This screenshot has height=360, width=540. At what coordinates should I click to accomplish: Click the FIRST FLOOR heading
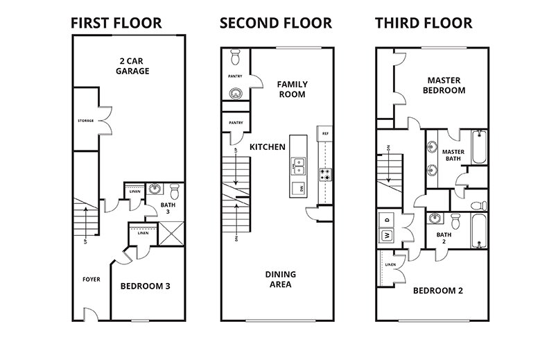(116, 23)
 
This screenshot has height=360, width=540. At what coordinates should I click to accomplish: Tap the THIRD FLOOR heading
(424, 23)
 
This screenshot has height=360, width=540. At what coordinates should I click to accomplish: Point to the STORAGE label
(85, 121)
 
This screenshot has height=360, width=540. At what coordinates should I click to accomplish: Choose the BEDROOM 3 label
(146, 286)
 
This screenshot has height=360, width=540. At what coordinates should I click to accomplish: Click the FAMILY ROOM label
(292, 89)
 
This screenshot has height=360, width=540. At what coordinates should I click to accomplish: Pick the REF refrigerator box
(324, 131)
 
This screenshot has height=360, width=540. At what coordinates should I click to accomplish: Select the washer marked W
(385, 234)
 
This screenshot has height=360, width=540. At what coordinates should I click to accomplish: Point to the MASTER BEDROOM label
(444, 85)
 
